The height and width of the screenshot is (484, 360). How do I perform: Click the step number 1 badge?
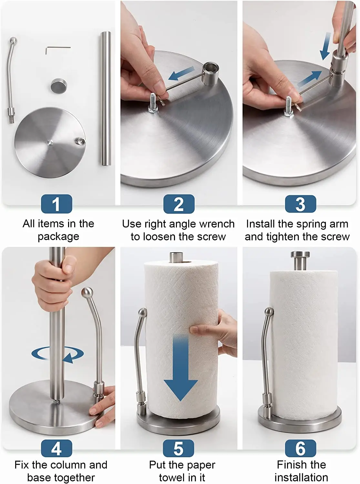coord(57,204)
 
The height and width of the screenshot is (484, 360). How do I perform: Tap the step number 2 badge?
coord(179,204)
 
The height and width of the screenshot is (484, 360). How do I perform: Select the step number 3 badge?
coord(301,204)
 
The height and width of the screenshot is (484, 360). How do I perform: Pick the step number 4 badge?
coord(57,449)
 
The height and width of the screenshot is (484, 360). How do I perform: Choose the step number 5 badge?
coord(179,449)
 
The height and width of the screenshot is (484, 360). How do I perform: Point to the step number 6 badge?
coord(301,449)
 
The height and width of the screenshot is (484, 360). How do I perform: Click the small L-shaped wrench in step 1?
coord(58,50)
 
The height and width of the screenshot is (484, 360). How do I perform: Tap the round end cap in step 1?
coord(59,86)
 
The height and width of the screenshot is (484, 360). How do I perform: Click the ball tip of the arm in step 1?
coord(13,41)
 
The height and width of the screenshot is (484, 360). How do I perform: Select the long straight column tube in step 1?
coord(106,98)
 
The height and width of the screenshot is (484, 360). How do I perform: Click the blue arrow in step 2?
coord(181,73)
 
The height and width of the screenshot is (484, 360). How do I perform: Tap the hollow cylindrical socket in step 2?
coord(210,74)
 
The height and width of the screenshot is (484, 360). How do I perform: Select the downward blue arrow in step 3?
coord(325,46)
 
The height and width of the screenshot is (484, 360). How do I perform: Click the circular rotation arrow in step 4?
coord(58,354)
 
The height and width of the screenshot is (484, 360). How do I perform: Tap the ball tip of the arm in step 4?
coord(87,292)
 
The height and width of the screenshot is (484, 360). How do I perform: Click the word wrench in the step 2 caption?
coord(217,224)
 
